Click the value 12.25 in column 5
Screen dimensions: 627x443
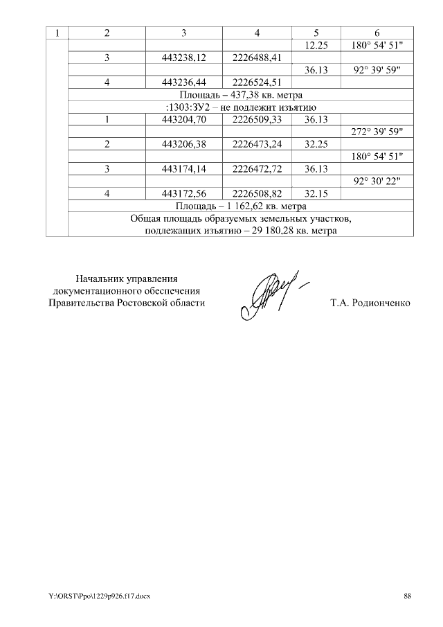click(x=315, y=45)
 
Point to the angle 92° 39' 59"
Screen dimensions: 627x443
click(x=377, y=70)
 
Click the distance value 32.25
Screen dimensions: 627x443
click(x=315, y=144)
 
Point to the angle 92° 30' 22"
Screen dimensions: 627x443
click(x=377, y=182)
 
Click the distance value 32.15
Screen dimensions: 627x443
click(x=315, y=193)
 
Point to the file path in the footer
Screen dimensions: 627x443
click(x=99, y=596)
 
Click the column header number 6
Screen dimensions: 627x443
click(x=377, y=33)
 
